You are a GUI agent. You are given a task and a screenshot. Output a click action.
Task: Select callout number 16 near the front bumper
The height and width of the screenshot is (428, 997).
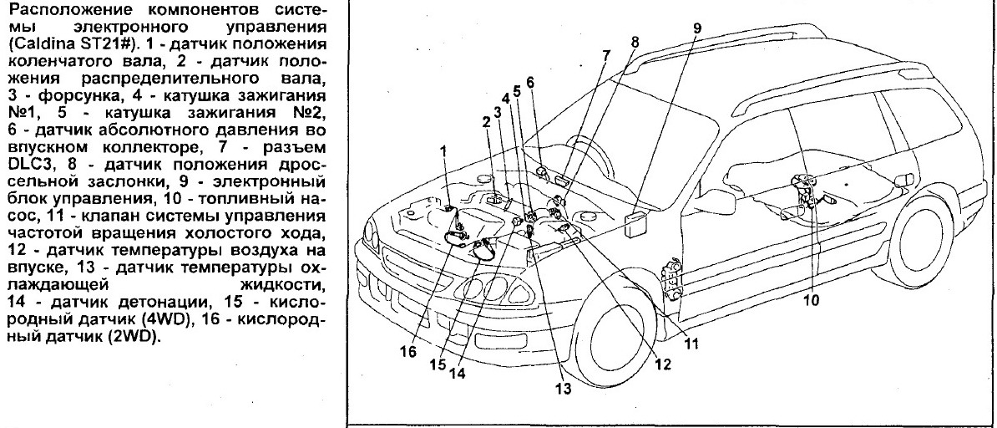pos(408,353)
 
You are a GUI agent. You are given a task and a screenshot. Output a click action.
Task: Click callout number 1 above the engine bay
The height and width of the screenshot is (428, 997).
pos(444,150)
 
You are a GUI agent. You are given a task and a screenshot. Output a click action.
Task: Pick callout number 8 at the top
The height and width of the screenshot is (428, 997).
pos(635,41)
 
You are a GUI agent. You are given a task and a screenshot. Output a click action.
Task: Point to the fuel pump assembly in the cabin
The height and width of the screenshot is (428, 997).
pos(804,188)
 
